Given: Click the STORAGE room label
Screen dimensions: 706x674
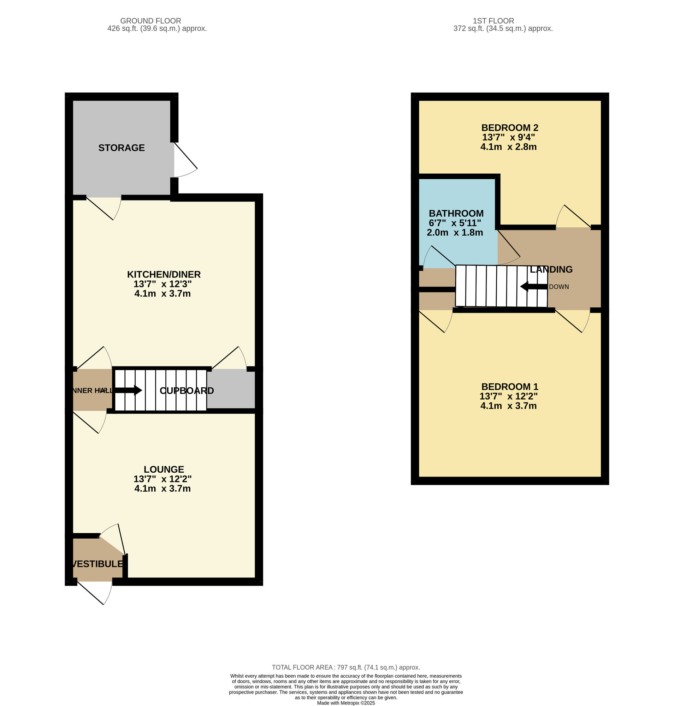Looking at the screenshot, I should click(x=122, y=148).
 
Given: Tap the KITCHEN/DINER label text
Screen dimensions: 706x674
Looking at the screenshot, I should click(x=164, y=274).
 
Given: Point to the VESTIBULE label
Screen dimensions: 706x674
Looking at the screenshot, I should click(x=97, y=563).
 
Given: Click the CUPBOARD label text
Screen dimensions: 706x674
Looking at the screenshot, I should click(x=187, y=390).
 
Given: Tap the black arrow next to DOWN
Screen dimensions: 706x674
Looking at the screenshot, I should click(x=533, y=287).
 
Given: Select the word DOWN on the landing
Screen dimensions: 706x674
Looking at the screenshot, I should click(x=559, y=287).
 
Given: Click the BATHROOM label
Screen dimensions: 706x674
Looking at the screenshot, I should click(x=456, y=213).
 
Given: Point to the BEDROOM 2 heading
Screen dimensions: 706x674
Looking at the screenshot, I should click(x=509, y=127).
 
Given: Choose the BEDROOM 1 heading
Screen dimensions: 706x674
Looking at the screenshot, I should click(x=509, y=387).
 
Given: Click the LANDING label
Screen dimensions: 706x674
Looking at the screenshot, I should click(x=551, y=269).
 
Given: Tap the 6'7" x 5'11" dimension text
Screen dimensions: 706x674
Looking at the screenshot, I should click(x=455, y=223).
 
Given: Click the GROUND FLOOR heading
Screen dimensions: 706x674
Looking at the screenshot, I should click(x=150, y=21).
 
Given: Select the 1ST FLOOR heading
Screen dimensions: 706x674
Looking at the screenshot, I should click(x=493, y=21).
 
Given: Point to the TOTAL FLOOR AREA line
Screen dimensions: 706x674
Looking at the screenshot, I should click(x=345, y=667).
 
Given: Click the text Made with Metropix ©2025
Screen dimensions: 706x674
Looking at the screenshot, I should click(x=345, y=703).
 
